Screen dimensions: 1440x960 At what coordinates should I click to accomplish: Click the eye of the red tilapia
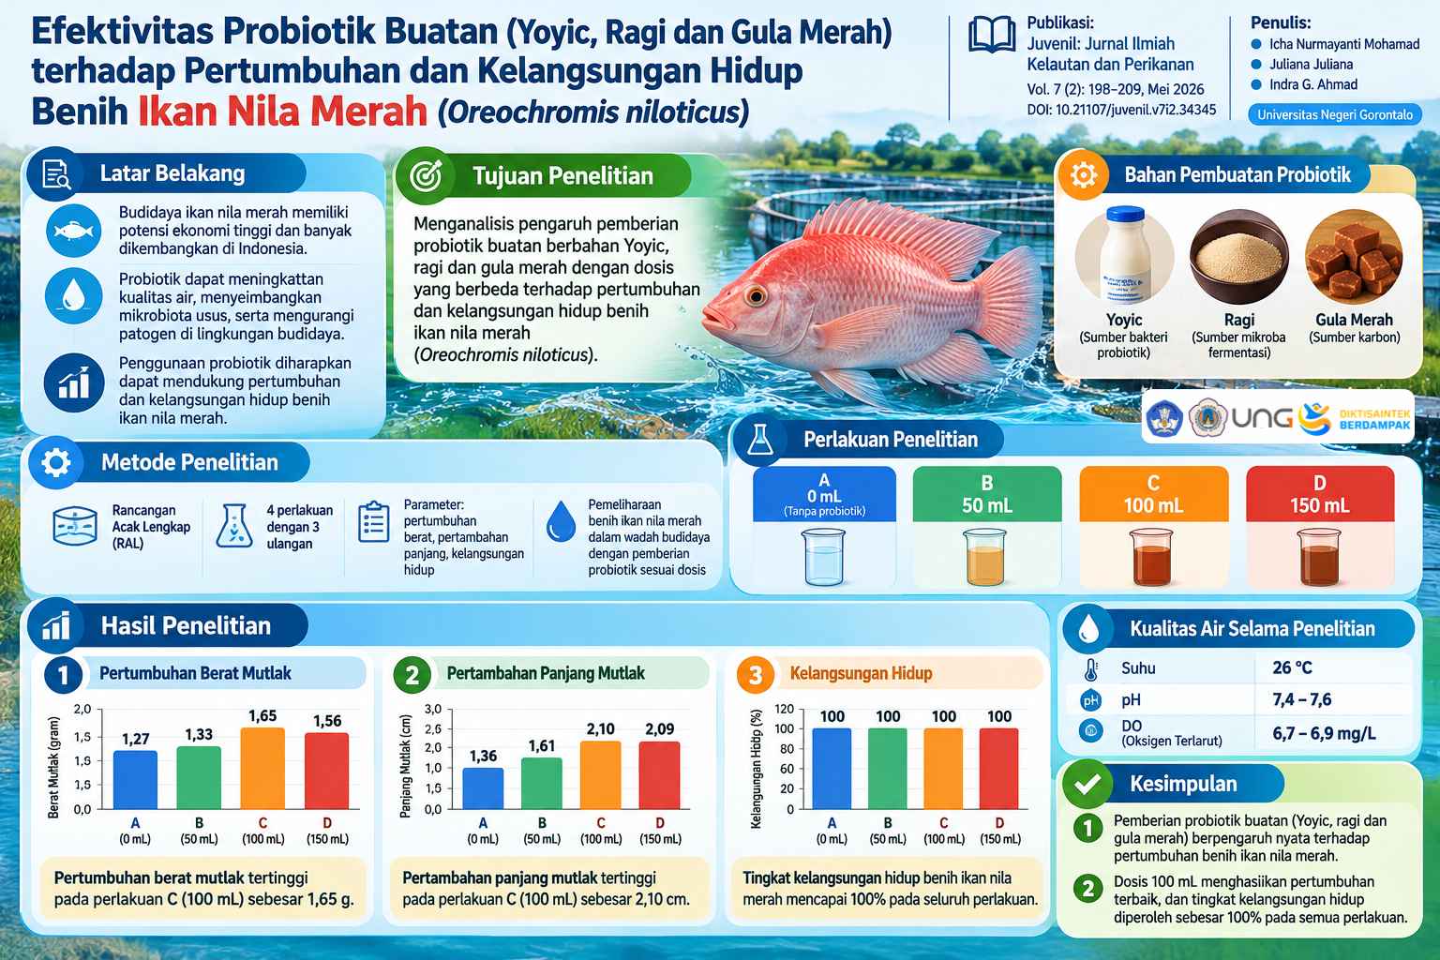point(756,295)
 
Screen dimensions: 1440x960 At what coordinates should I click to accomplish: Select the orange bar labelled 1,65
point(262,768)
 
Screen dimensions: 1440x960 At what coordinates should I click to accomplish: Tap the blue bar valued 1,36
point(483,788)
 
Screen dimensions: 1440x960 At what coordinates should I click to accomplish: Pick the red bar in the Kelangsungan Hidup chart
point(999,769)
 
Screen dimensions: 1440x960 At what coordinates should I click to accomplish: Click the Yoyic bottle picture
point(1124,255)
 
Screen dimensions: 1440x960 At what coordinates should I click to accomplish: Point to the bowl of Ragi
point(1238,257)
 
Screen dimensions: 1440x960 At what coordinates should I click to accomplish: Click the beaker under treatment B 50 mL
point(985,556)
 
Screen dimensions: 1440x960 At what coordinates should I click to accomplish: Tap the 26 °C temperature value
point(1292,667)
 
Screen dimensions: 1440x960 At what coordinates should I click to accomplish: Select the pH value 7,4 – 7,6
point(1302,699)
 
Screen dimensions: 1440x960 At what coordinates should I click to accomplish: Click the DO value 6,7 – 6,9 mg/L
point(1325,732)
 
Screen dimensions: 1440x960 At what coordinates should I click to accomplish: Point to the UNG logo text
point(1261,418)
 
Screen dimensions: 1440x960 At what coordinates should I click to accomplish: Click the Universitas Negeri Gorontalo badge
point(1335,114)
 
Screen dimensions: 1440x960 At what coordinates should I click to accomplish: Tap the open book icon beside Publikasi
point(992,35)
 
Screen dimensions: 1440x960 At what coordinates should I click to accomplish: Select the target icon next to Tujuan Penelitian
point(426,175)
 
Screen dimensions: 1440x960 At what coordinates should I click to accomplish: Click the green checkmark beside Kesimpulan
point(1087,784)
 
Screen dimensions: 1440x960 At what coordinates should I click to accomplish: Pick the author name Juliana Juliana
point(1311,64)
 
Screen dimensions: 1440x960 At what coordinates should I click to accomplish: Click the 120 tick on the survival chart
point(785,709)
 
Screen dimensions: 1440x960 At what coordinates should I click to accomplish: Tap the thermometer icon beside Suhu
point(1090,668)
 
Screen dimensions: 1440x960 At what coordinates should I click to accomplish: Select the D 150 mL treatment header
point(1320,494)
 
